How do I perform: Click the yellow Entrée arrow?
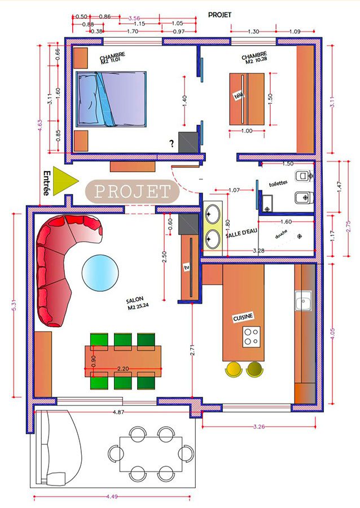(63, 181)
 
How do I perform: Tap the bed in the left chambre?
(111, 99)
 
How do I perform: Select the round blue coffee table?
(100, 273)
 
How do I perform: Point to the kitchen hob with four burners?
(252, 336)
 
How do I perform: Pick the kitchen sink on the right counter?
(303, 301)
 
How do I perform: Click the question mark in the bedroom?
(172, 143)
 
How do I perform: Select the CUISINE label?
(243, 317)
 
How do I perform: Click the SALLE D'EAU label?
(241, 233)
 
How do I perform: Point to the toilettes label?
(278, 183)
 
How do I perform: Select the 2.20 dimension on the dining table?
(123, 369)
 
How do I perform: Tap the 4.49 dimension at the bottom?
(112, 496)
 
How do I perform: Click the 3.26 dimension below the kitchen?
(259, 426)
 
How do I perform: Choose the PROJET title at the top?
(220, 15)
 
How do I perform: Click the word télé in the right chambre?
(239, 95)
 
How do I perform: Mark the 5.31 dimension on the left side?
(14, 305)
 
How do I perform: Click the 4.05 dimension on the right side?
(332, 334)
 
